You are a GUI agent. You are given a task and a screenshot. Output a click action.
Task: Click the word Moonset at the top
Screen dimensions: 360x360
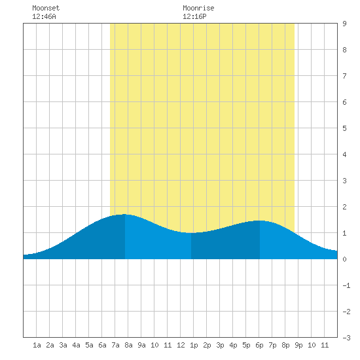coord(46,8)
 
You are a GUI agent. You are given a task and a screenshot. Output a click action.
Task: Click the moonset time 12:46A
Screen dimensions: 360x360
coord(44,16)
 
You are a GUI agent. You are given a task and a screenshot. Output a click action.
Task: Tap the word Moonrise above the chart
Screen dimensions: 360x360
coord(198,8)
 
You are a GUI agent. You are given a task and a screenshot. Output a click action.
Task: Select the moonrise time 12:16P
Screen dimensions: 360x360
coord(194,16)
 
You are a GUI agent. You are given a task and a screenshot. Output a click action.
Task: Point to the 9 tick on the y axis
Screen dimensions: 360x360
coord(344,24)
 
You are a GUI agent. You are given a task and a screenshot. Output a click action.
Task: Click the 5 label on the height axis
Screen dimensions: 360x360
coord(344,128)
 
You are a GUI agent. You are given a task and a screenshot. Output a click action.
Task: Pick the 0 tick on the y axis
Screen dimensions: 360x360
coord(344,259)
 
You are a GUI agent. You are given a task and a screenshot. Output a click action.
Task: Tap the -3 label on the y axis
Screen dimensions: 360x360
coord(346,338)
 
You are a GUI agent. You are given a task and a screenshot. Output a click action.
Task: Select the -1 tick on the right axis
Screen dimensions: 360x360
coord(346,285)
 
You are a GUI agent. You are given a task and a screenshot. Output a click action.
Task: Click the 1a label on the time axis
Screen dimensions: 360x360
coord(37,345)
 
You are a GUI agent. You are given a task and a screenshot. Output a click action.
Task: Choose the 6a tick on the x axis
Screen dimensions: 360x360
coord(102,345)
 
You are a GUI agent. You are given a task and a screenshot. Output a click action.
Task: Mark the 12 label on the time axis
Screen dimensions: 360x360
coord(181,345)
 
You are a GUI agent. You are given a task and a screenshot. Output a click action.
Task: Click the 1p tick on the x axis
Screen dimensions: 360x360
coord(194,345)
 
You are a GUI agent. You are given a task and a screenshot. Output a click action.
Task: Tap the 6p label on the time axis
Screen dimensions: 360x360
coord(259,345)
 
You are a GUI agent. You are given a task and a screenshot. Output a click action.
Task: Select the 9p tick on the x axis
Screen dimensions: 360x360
coord(298,345)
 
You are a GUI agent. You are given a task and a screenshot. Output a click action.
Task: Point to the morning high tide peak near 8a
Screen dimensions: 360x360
coord(124,214)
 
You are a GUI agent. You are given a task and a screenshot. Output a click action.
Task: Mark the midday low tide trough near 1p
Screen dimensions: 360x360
coord(191,233)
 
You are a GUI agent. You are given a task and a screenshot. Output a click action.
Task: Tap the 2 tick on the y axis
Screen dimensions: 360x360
coord(344,207)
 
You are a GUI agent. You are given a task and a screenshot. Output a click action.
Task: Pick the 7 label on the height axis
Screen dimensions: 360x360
coord(344,76)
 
